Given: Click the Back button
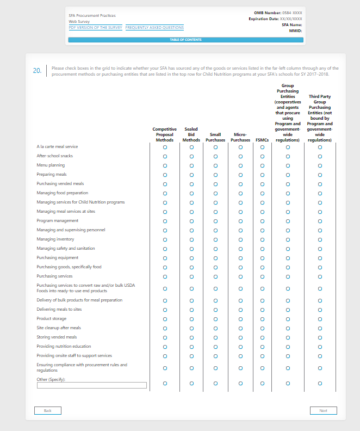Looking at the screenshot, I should (x=47, y=410).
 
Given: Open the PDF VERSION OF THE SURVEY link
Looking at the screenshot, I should (x=95, y=27).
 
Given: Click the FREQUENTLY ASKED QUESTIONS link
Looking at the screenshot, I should (x=154, y=27).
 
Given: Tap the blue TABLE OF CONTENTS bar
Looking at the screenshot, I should (x=185, y=40).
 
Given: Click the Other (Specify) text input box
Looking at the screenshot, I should (x=92, y=385).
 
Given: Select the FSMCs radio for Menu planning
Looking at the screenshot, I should (x=262, y=165).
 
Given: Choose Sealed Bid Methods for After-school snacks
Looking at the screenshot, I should (x=191, y=156).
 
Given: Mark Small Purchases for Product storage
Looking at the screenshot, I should (x=215, y=319).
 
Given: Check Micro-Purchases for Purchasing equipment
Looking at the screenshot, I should (x=240, y=258).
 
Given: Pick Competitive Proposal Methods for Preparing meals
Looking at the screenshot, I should (x=165, y=175).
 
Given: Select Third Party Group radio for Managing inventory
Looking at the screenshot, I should (x=320, y=239).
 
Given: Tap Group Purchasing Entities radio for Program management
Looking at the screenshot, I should (x=288, y=221).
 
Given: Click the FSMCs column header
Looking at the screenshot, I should (x=262, y=140).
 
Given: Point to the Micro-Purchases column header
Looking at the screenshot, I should (x=240, y=137).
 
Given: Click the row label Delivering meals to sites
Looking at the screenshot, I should (x=59, y=310).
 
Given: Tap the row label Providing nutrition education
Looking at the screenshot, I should (x=64, y=347).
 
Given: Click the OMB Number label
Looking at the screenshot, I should (x=268, y=12).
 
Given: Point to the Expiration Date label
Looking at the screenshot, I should (x=264, y=19).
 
